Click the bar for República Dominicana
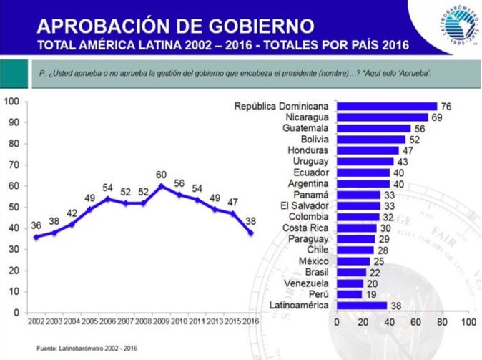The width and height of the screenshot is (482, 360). click(386, 107)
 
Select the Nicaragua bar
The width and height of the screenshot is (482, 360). click(382, 117)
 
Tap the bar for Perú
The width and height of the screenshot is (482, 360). click(349, 294)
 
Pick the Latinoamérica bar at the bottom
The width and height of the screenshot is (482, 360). click(361, 305)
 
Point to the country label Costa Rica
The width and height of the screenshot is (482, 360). click(305, 228)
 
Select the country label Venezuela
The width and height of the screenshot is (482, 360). click(307, 283)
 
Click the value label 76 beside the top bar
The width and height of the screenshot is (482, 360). click(446, 107)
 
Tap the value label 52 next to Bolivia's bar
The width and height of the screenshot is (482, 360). click(414, 140)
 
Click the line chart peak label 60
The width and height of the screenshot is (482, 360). click(162, 175)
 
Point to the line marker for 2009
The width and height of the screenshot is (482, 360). click(162, 185)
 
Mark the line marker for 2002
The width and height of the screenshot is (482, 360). click(36, 237)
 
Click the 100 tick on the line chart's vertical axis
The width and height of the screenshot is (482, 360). click(11, 101)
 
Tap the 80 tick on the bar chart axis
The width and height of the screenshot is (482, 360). click(442, 323)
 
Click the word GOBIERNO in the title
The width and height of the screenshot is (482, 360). click(253, 27)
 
